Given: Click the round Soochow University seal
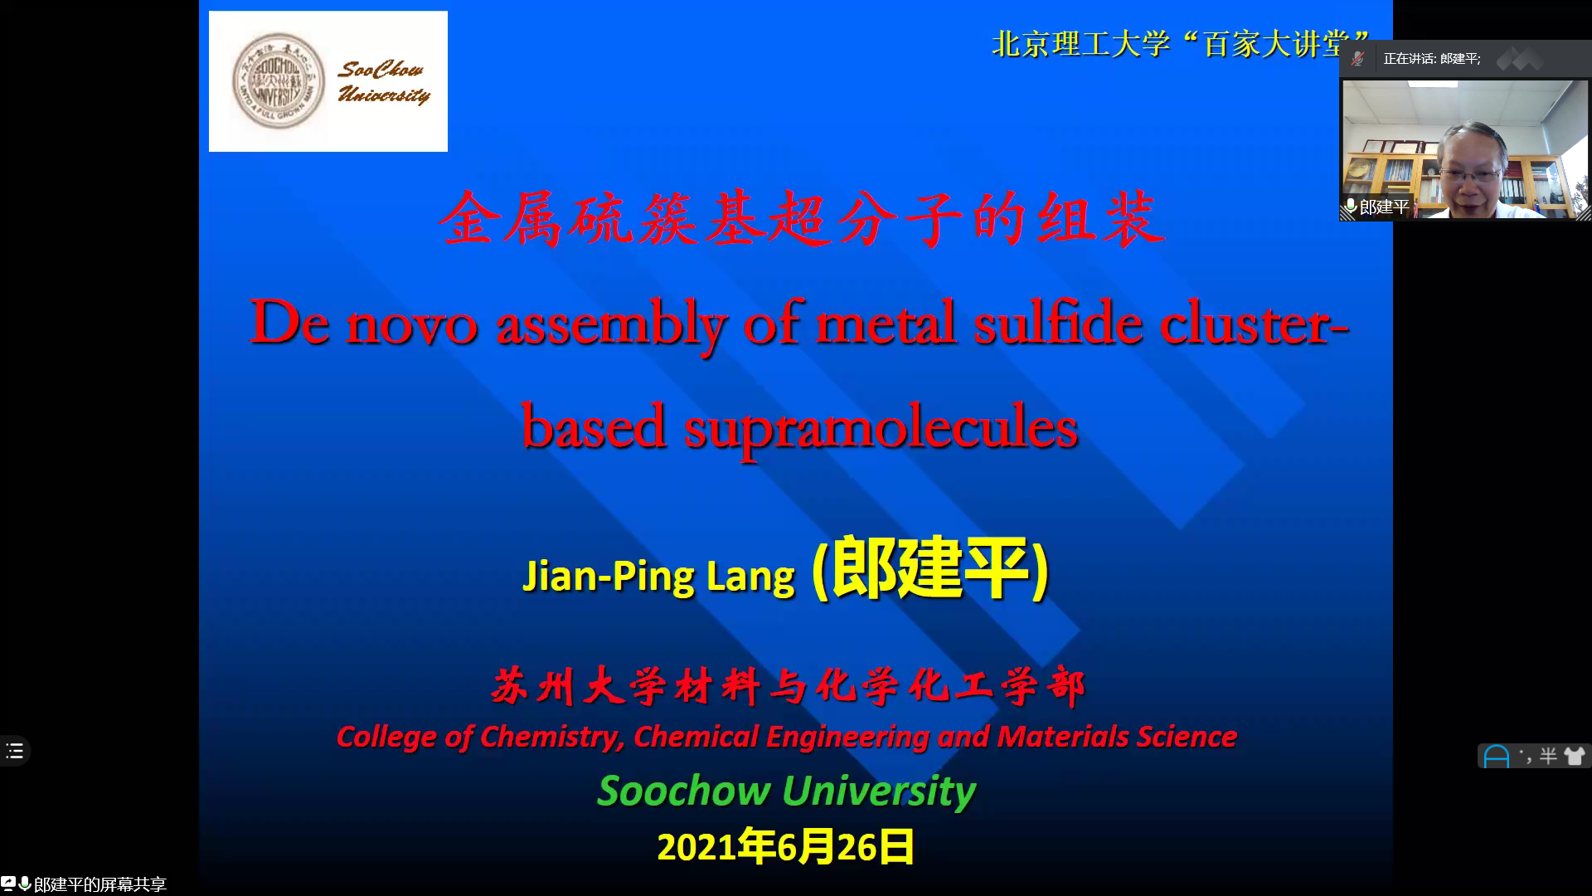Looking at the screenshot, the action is pos(278,80).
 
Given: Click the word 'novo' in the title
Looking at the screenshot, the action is pos(411,324).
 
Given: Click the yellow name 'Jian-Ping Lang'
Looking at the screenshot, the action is pos(658,577).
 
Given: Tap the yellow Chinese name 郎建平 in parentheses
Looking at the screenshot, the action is pos(929,569).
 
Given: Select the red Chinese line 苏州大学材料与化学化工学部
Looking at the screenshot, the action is pos(788,687).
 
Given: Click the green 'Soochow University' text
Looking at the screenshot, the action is pos(786,791).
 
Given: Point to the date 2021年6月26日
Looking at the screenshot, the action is pos(785,847).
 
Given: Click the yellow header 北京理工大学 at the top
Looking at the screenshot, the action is pos(1080,44).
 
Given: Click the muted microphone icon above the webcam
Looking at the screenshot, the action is pos(1357,59).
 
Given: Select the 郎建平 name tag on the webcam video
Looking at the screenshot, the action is pos(1376,207).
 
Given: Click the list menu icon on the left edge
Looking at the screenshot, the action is pos(15,752).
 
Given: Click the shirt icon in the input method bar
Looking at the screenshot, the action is pos(1574,756).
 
